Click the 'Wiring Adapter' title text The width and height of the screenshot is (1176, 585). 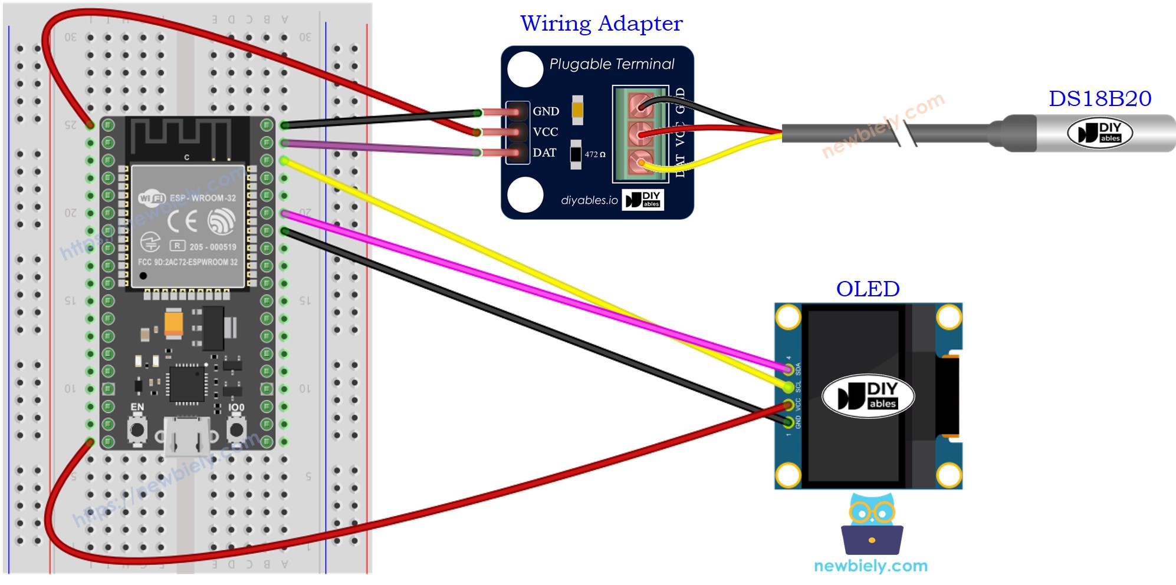(x=601, y=24)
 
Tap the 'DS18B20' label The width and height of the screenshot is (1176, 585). (x=1099, y=98)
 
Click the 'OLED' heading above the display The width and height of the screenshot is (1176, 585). (x=868, y=289)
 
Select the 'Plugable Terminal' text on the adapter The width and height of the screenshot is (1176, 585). (x=612, y=64)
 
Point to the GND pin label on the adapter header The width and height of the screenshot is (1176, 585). (x=546, y=111)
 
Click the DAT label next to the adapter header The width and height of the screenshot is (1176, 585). (x=544, y=153)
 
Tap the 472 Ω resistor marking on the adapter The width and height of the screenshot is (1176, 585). (x=594, y=154)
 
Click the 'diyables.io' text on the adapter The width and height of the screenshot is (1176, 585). (x=589, y=200)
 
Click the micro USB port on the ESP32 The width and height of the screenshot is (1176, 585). (x=187, y=437)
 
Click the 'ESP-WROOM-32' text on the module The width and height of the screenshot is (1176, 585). (x=202, y=198)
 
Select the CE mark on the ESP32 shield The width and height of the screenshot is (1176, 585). (x=182, y=222)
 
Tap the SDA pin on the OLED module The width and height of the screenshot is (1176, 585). (x=789, y=369)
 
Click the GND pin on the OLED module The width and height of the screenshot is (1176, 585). (x=789, y=422)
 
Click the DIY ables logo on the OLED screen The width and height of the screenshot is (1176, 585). (x=868, y=396)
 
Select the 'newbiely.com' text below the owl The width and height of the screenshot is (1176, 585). (x=870, y=566)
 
